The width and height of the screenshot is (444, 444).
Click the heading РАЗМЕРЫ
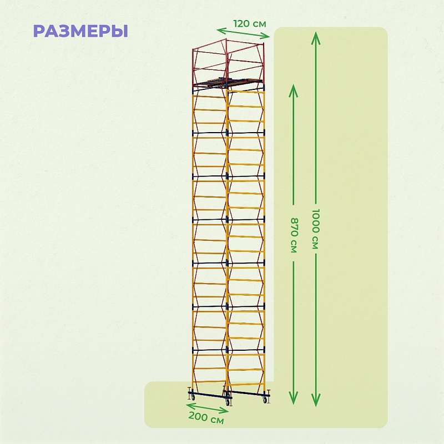click(80, 31)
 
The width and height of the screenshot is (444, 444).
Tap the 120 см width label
click(250, 24)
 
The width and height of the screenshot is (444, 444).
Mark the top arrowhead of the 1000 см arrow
click(316, 36)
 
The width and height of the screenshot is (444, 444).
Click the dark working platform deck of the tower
click(228, 84)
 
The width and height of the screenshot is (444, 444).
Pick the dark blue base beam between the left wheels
click(209, 395)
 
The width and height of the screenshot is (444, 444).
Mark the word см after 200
click(217, 420)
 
